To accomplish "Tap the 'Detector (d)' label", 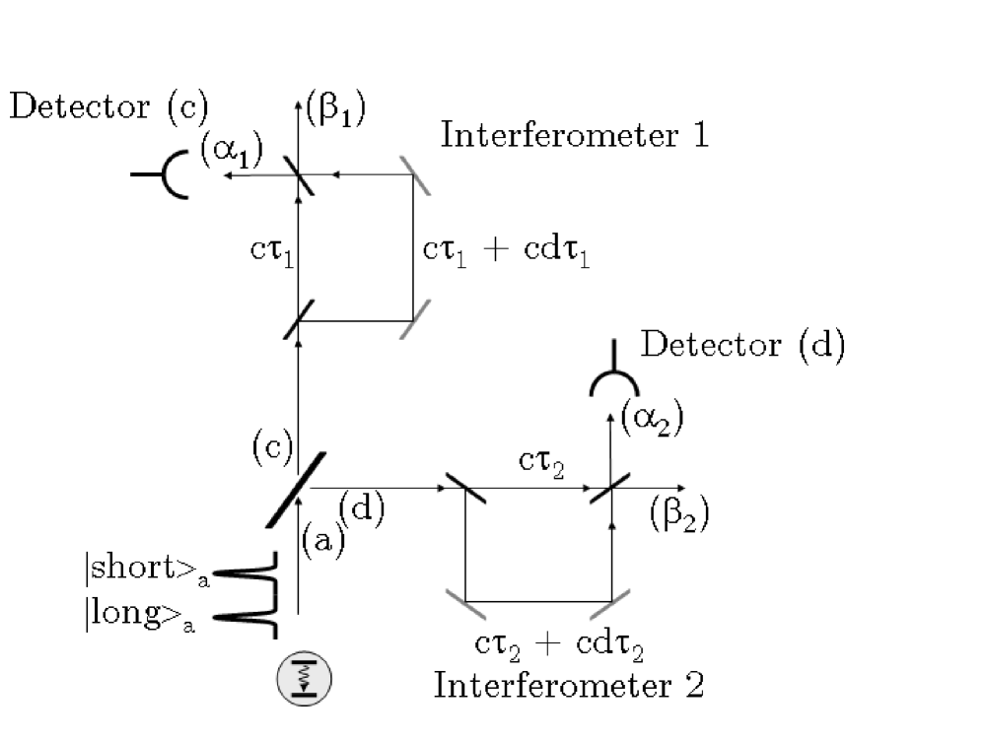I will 742,348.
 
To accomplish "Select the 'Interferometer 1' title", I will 574,135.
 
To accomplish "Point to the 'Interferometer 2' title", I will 569,684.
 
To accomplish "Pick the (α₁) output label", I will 233,155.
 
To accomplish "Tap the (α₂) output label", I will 652,420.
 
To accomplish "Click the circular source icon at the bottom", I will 305,680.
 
